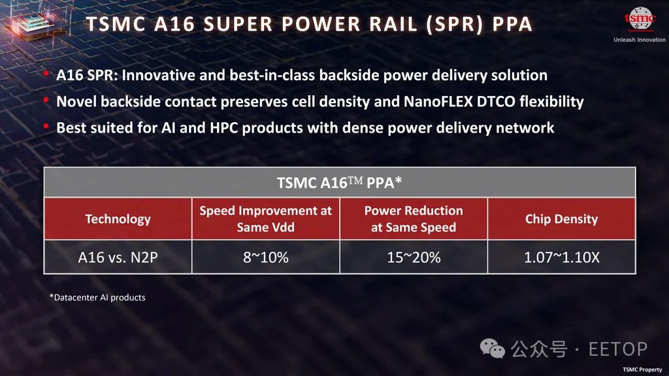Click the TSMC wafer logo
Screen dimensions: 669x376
640,19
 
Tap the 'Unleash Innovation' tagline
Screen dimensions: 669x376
640,40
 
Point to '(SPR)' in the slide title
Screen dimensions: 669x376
455,24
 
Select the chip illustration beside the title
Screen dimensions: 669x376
31,24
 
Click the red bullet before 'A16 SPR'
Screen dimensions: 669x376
46,74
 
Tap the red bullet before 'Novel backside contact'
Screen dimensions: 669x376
46,100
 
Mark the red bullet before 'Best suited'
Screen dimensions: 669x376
46,126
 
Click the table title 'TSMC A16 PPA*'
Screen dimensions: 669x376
339,183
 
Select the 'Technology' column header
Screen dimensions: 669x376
118,219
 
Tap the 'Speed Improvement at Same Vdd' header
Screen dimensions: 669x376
265,219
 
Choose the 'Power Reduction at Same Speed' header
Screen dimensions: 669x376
414,219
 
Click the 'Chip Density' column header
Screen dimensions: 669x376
561,219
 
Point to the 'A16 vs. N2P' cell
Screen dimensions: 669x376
118,257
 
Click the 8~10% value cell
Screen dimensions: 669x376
265,257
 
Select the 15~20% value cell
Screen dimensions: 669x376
414,257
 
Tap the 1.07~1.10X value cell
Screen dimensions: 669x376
561,257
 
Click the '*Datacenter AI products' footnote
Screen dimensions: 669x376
97,297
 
